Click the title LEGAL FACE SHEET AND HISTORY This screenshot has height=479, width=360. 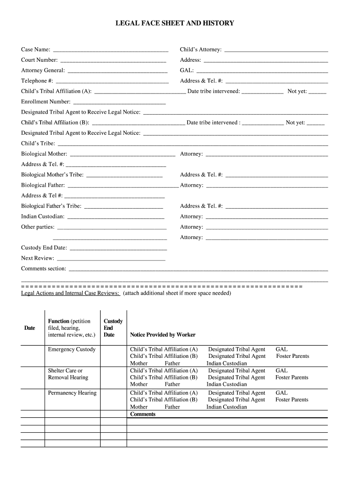(175, 23)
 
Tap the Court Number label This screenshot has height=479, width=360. (39, 60)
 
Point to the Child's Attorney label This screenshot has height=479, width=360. (201, 50)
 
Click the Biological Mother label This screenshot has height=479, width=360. (44, 154)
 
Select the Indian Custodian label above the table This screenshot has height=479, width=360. (43, 217)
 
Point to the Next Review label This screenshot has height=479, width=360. (37, 258)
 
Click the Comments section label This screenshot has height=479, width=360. (43, 269)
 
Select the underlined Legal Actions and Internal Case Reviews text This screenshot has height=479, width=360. (71, 293)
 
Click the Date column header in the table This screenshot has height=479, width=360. (29, 328)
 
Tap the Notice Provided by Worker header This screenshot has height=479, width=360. (163, 335)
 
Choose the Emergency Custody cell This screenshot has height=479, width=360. (72, 349)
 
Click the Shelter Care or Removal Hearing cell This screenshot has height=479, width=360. (68, 374)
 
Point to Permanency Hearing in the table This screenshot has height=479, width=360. (72, 393)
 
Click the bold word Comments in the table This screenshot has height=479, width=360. (143, 414)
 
